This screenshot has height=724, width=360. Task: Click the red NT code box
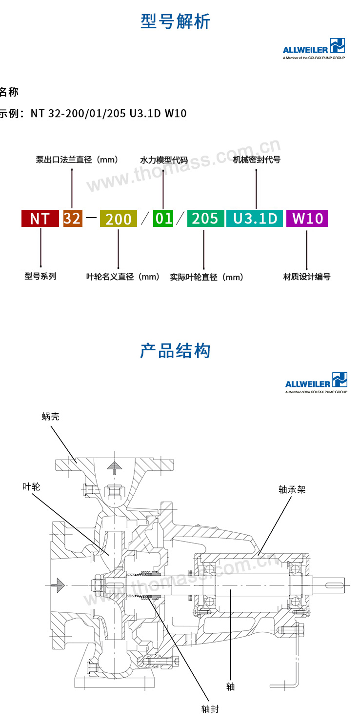(40, 218)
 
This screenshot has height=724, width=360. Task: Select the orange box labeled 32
(72, 218)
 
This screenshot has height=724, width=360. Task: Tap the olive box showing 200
(118, 219)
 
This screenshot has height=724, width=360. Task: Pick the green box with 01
(163, 218)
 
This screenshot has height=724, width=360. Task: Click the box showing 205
(205, 218)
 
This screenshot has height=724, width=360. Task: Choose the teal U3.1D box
(255, 218)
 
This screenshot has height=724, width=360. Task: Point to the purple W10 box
(307, 218)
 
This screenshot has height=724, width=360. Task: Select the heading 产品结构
(176, 351)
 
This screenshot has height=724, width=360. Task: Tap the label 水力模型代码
(164, 160)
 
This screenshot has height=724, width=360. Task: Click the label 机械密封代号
(257, 160)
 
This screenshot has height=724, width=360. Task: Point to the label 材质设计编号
(307, 277)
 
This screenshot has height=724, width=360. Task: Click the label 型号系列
(40, 276)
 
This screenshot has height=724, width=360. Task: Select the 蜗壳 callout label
(50, 417)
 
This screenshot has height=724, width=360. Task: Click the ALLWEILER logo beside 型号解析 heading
(314, 49)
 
